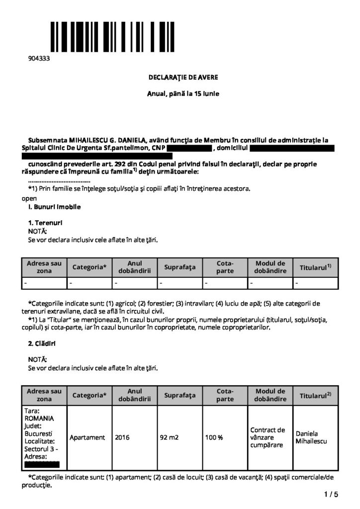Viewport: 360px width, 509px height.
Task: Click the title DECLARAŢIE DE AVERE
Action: (183, 78)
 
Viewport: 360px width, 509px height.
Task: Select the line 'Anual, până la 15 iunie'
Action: (183, 93)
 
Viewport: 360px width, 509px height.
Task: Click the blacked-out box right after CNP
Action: (189, 148)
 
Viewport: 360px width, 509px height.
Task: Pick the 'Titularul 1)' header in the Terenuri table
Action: (315, 267)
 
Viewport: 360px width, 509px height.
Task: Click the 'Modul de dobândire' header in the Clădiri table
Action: (270, 395)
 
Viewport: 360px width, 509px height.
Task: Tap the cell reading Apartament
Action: (88, 437)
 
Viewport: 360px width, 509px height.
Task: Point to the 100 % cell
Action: (214, 437)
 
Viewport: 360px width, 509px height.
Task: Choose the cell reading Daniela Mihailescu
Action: (311, 437)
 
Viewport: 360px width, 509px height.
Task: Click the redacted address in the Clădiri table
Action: (42, 465)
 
